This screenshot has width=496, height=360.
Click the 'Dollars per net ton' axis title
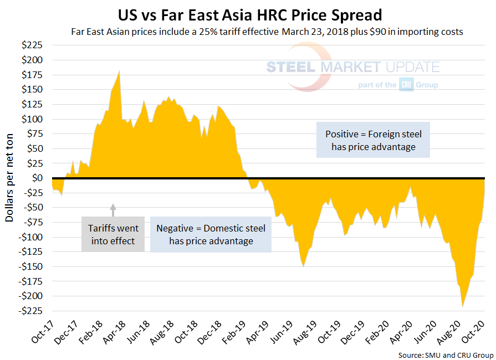click(x=10, y=178)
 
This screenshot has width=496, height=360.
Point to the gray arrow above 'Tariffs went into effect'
click(x=113, y=209)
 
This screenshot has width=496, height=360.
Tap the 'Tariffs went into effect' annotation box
click(x=113, y=234)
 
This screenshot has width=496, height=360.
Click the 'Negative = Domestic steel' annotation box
click(x=211, y=234)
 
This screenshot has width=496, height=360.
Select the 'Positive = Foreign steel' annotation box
click(x=373, y=141)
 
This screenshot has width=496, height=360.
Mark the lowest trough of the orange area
click(x=462, y=307)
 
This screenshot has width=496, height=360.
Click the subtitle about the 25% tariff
click(x=267, y=32)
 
